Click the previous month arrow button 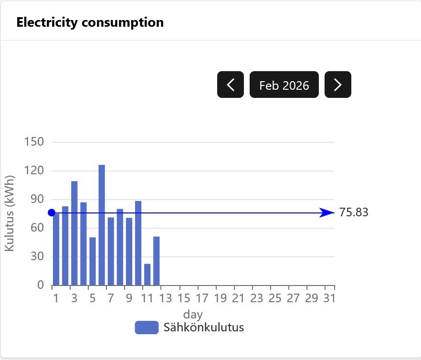click(231, 85)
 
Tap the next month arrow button click(338, 85)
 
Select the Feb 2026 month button click(284, 85)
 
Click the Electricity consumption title click(90, 22)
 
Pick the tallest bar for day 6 click(102, 224)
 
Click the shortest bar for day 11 click(147, 275)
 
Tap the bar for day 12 click(157, 261)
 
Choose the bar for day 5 click(93, 261)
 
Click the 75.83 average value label click(354, 212)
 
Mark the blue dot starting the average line click(52, 212)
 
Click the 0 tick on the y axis click(41, 286)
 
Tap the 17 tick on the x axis click(202, 299)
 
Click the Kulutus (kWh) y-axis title click(10, 213)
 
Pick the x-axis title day click(193, 315)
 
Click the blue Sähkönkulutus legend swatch click(147, 328)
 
